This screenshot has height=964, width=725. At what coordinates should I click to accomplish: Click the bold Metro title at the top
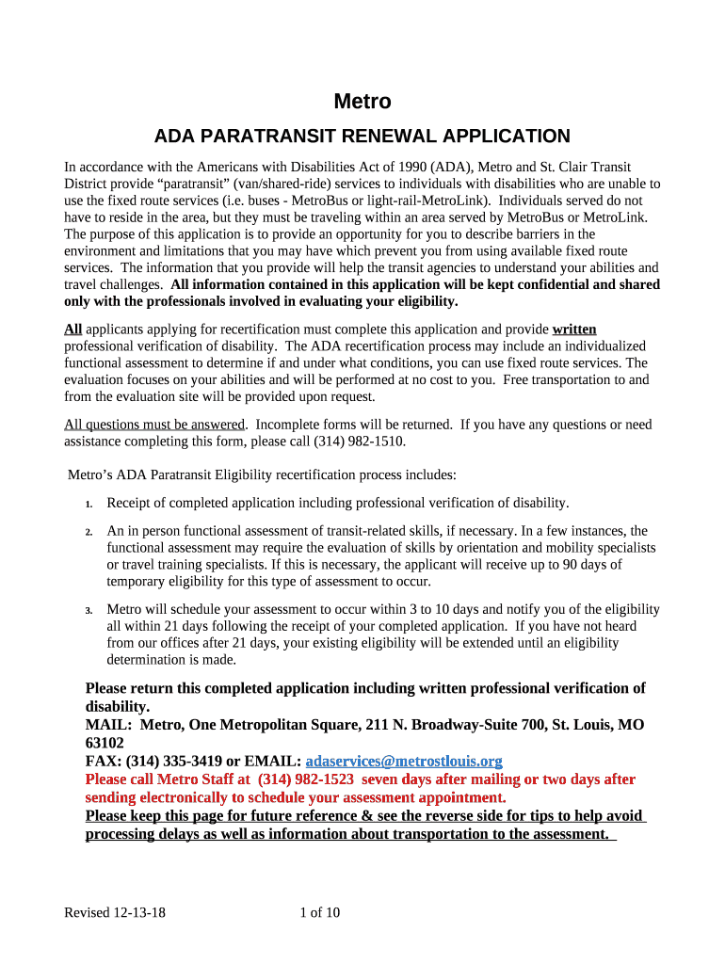pyautogui.click(x=362, y=102)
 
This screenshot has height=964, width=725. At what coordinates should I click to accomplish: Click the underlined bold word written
pyautogui.click(x=574, y=329)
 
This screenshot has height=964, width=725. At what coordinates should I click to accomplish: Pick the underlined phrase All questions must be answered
pyautogui.click(x=154, y=425)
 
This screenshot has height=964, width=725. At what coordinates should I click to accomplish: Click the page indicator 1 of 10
pyautogui.click(x=319, y=912)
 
